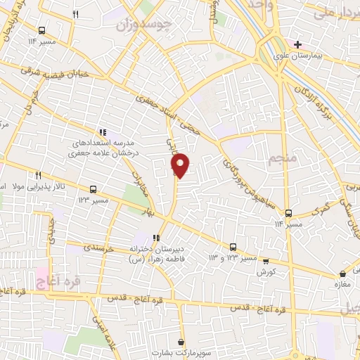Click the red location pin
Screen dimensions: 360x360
pos(181,165)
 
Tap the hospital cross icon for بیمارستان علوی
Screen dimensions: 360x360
pos(299,44)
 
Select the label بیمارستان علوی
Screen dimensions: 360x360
pos(309,54)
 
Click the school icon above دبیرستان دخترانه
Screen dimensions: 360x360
pos(156,238)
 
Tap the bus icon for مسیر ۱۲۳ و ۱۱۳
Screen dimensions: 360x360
pos(233,247)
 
